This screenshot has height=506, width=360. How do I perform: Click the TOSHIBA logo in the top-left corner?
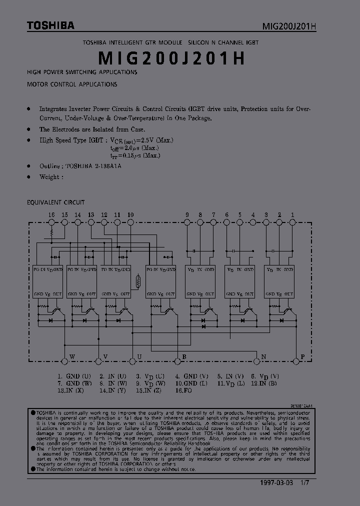point(50,24)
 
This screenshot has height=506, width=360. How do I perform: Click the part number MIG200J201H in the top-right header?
point(289,26)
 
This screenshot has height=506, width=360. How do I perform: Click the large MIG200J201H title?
point(171,58)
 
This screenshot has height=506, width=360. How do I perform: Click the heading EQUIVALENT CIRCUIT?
point(55,202)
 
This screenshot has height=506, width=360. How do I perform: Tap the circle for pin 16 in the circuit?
point(51,222)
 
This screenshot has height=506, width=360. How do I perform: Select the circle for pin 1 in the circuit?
point(292,222)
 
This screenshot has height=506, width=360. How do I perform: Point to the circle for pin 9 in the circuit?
point(187,222)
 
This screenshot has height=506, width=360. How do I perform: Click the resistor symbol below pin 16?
point(51,233)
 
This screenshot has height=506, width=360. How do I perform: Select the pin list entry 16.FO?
point(183,390)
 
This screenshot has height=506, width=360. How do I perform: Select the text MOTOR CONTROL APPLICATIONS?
point(72,84)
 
